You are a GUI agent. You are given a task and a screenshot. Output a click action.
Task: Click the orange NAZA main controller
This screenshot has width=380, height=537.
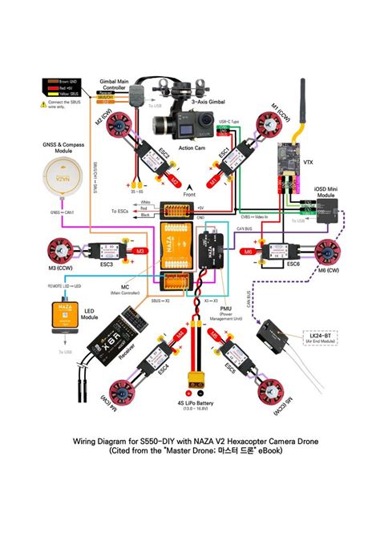point(177,249)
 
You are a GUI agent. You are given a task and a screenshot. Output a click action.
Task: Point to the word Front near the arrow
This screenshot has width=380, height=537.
point(189,195)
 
